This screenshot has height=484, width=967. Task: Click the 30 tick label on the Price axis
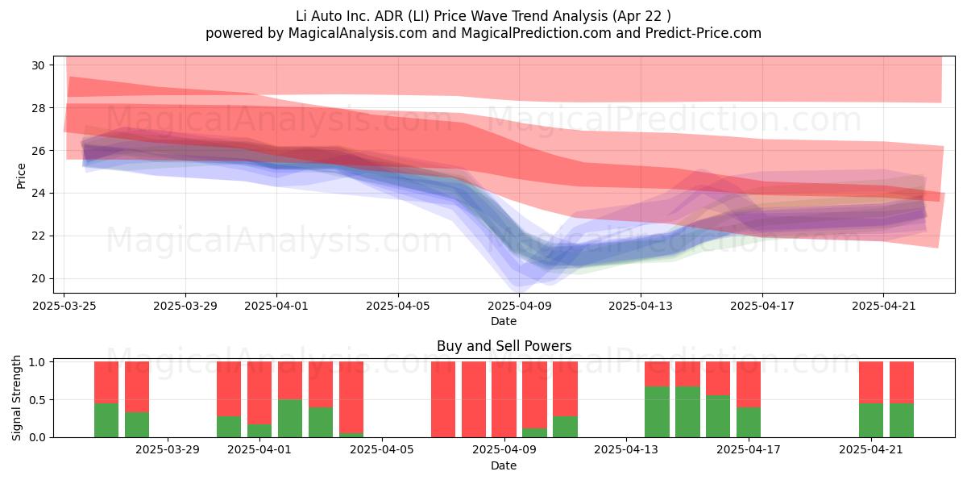click(x=38, y=65)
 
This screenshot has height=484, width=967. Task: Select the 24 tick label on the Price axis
click(x=38, y=193)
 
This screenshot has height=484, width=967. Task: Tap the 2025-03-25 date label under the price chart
click(x=64, y=306)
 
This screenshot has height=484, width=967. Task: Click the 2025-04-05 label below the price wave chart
click(x=398, y=306)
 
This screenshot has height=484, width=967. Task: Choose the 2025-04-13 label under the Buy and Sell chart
click(x=626, y=450)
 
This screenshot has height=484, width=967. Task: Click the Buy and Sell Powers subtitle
click(x=504, y=346)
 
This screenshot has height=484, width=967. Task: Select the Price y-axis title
click(x=21, y=176)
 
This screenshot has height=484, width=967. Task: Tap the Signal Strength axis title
click(x=16, y=398)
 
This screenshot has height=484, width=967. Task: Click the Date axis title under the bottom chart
click(x=504, y=465)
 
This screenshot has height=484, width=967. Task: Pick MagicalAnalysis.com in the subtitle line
click(x=358, y=33)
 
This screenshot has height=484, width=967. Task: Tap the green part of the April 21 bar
click(x=871, y=420)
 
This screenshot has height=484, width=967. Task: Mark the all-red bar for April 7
click(x=443, y=400)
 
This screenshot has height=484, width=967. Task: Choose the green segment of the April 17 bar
click(x=749, y=422)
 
